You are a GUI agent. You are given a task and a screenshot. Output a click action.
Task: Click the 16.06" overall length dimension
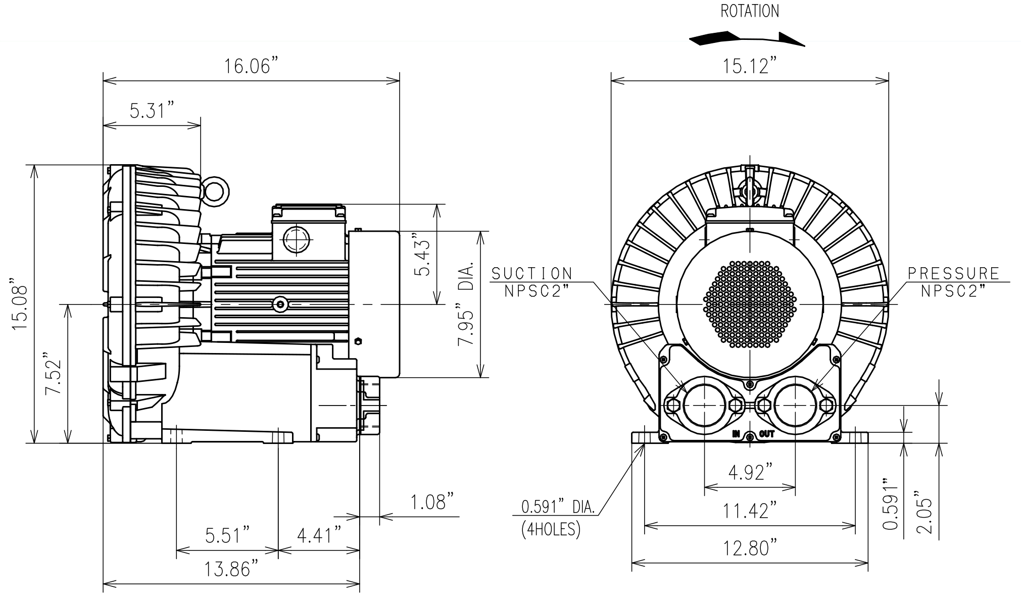[x=251, y=66]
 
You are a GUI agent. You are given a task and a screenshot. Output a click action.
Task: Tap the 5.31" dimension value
[x=152, y=110]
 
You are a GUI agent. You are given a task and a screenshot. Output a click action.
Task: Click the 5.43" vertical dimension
[x=422, y=255]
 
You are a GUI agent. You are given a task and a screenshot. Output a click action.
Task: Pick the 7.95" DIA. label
[x=466, y=304]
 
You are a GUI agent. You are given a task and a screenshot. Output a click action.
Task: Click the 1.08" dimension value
[x=431, y=503]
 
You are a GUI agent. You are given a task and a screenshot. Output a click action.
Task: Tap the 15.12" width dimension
[x=749, y=66]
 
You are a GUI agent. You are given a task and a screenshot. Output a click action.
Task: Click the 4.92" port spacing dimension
[x=750, y=473]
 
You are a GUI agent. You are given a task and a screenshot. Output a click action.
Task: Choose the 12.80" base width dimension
[x=750, y=547]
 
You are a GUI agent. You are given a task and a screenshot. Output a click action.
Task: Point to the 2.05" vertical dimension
[x=923, y=513]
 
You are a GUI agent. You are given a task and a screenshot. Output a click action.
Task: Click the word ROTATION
[x=749, y=11]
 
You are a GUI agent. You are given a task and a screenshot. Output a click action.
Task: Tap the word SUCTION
[x=532, y=274]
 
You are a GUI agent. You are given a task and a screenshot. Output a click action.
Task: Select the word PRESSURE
[x=954, y=274]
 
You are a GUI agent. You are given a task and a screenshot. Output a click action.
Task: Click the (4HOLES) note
[x=551, y=529]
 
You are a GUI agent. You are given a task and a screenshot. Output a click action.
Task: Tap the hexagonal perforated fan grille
[x=750, y=305]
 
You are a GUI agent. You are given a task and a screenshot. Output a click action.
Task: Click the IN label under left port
[x=737, y=434]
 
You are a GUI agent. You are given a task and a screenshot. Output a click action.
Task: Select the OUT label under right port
[x=766, y=434]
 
